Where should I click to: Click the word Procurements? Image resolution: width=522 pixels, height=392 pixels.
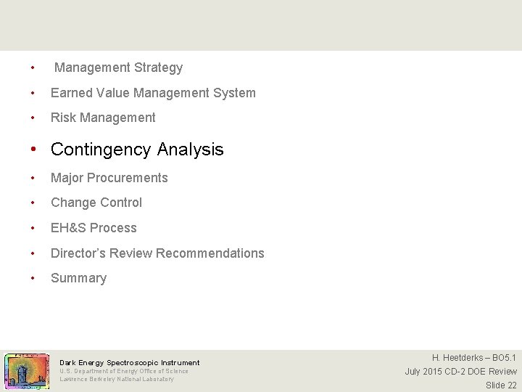pos(130,178)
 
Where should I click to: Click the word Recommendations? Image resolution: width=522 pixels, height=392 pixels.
pos(210,253)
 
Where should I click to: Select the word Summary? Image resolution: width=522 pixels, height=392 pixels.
pos(78,278)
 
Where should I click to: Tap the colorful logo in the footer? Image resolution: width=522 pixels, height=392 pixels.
pos(27,372)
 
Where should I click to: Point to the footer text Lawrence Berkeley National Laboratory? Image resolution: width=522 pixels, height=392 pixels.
pos(117,379)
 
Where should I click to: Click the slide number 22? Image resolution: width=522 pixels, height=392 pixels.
pos(511,385)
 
